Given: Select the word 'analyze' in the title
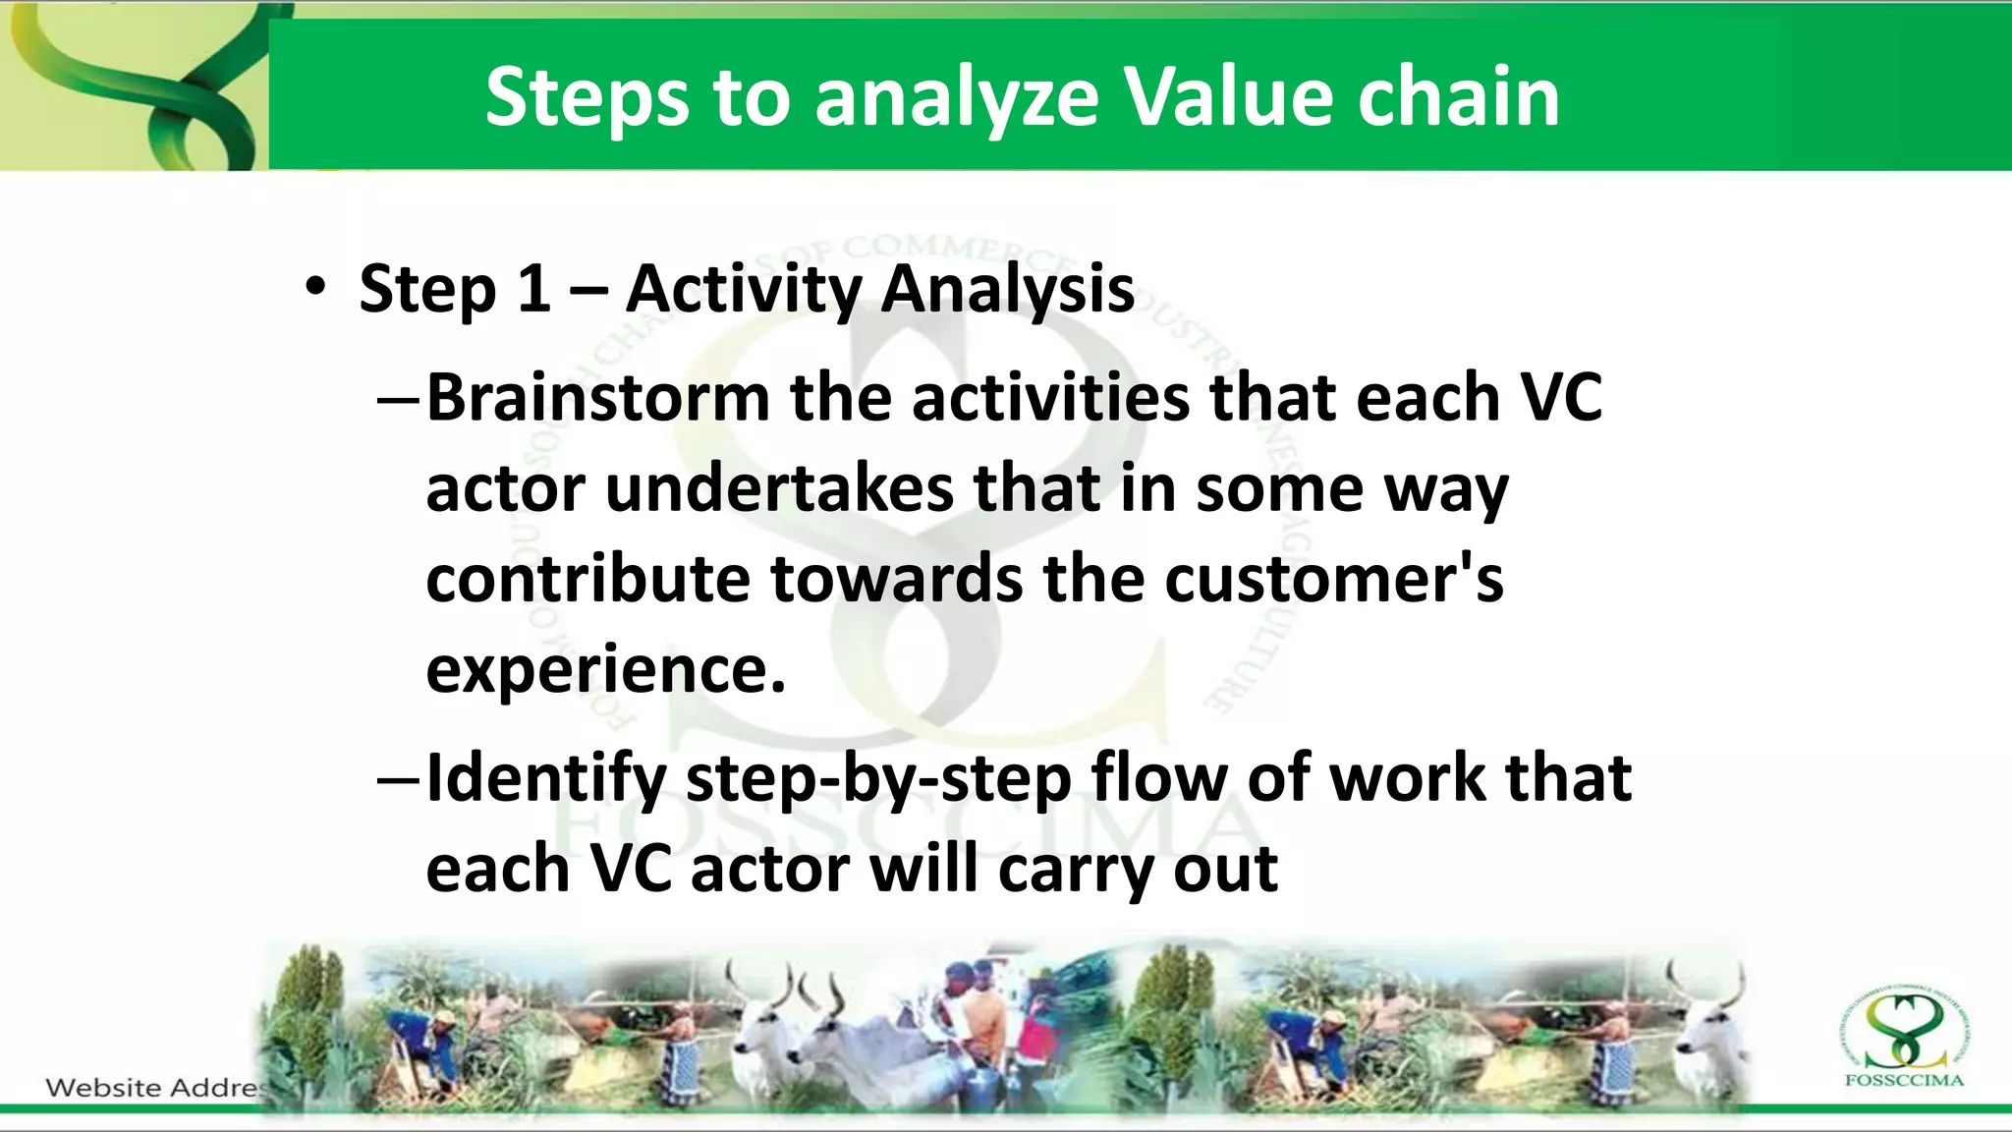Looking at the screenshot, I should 956,98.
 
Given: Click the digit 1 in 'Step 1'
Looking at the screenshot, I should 533,289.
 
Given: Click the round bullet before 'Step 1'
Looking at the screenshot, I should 314,288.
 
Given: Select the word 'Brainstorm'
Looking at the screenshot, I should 597,398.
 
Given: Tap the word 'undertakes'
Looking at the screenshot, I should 779,488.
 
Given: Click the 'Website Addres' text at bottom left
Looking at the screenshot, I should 155,1088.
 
